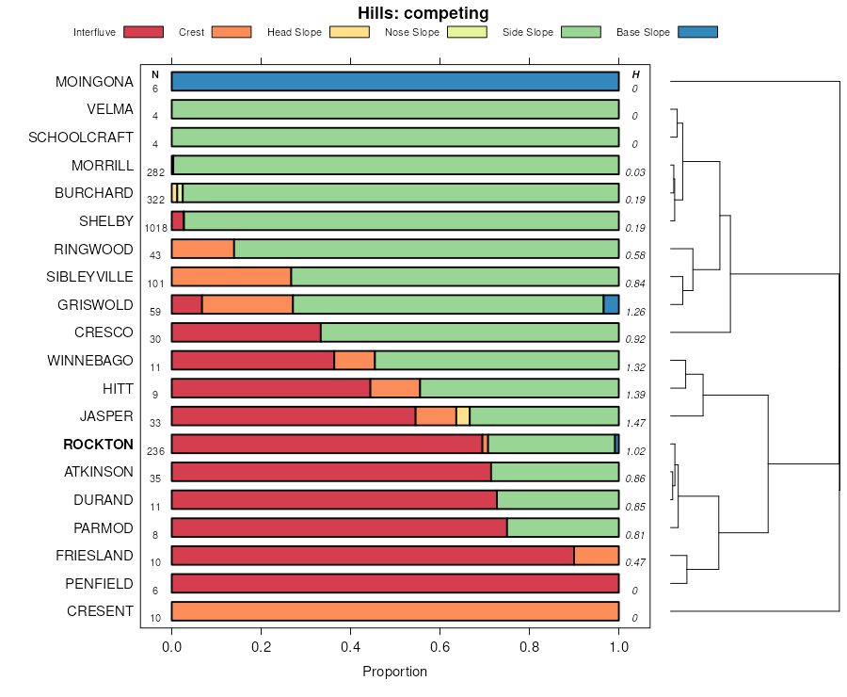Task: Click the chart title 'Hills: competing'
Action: (x=423, y=13)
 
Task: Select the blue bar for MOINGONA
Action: (x=395, y=81)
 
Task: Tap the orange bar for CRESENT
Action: (x=395, y=611)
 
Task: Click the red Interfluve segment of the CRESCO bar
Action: (x=246, y=332)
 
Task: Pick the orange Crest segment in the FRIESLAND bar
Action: (x=597, y=556)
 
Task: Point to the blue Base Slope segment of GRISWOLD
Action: (x=611, y=304)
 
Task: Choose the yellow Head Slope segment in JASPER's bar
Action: (x=463, y=416)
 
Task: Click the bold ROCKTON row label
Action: (x=98, y=445)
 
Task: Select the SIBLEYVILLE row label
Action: (x=89, y=277)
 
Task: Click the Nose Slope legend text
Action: (x=412, y=33)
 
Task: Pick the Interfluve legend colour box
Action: (x=143, y=32)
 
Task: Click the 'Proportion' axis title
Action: (x=394, y=672)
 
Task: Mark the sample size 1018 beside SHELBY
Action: (x=155, y=228)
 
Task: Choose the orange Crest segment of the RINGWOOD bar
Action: (x=202, y=249)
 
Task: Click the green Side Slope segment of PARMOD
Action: (x=563, y=527)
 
